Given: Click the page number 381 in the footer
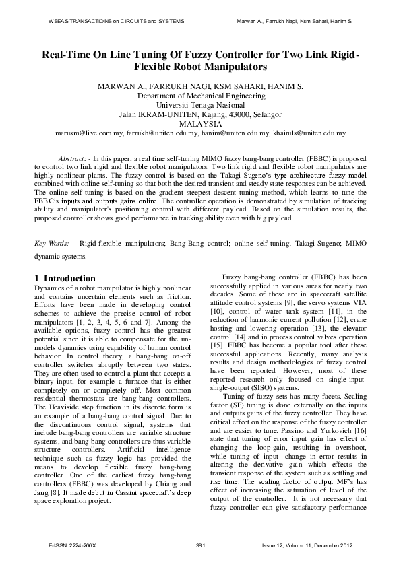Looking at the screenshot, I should (x=200, y=544).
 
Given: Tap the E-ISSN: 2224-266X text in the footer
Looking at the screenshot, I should (x=72, y=544).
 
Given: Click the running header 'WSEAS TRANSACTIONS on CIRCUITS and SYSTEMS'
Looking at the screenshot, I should (x=116, y=22).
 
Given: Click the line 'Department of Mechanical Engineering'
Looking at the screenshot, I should (x=200, y=96).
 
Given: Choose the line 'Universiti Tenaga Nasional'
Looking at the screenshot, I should (x=200, y=106).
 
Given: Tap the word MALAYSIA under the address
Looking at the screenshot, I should (x=200, y=125).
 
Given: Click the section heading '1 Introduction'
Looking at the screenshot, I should (x=65, y=278).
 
